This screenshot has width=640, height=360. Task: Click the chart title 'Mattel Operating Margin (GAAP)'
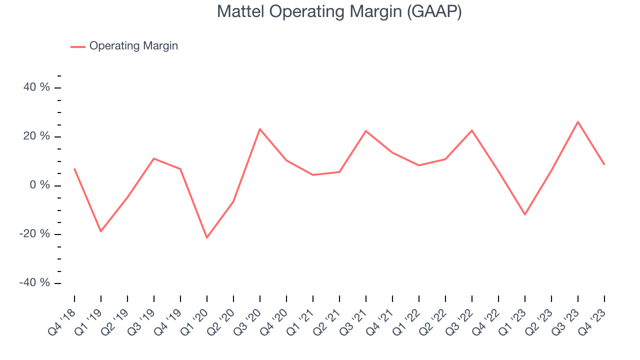[339, 11]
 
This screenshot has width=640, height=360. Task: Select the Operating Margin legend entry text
[133, 46]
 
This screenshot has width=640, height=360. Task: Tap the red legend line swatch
[78, 46]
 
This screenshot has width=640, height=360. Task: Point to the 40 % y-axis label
[37, 87]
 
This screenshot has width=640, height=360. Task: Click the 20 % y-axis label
[37, 136]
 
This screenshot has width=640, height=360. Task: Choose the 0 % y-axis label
[40, 185]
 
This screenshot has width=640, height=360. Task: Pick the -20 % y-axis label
[35, 234]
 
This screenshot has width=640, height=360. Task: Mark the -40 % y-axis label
[35, 283]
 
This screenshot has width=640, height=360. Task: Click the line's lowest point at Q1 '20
[206, 237]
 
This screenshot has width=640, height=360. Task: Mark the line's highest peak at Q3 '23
[578, 121]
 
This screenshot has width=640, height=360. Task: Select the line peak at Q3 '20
[259, 129]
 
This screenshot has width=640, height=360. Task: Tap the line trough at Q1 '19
[101, 231]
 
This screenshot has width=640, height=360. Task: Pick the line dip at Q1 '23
[525, 214]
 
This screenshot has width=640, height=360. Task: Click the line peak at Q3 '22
[472, 130]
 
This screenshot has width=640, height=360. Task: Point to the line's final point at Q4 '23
[604, 164]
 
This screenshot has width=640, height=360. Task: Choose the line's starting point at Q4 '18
[74, 169]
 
